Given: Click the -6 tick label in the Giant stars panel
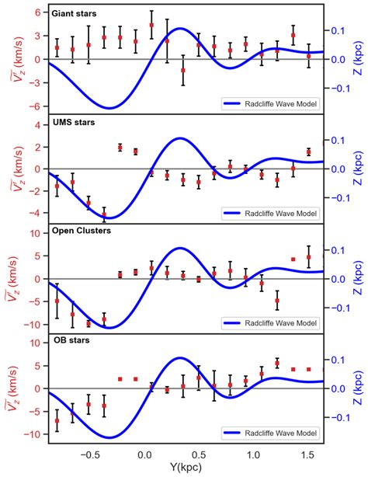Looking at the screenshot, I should [x=35, y=104].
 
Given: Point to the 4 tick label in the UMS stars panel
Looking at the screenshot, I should [x=36, y=124].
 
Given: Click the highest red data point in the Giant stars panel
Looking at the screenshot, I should [x=151, y=25].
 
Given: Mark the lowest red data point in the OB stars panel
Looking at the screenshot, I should [x=57, y=420].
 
